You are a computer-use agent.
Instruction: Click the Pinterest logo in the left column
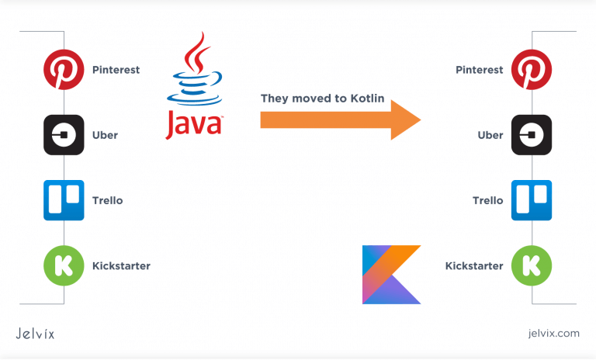pyautogui.click(x=64, y=70)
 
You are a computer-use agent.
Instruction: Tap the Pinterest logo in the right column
pyautogui.click(x=532, y=70)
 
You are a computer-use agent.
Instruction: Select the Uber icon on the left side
pyautogui.click(x=64, y=135)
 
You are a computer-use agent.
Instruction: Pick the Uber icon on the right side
pyautogui.click(x=532, y=135)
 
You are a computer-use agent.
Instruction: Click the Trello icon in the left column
pyautogui.click(x=64, y=200)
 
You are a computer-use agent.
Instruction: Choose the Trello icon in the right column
pyautogui.click(x=532, y=200)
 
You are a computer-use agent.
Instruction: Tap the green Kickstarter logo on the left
pyautogui.click(x=64, y=265)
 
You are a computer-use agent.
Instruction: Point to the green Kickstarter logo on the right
pyautogui.click(x=532, y=266)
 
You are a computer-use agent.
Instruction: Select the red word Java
pyautogui.click(x=194, y=125)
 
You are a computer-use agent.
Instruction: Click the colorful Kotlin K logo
pyautogui.click(x=391, y=274)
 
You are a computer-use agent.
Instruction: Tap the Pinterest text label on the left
pyautogui.click(x=116, y=70)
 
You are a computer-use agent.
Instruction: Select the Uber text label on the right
pyautogui.click(x=490, y=135)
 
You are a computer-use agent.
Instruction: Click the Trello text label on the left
pyautogui.click(x=107, y=200)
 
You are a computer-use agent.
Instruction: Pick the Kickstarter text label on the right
pyautogui.click(x=474, y=266)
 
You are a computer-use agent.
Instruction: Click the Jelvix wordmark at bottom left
pyautogui.click(x=35, y=334)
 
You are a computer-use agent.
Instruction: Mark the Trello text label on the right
pyautogui.click(x=488, y=200)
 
